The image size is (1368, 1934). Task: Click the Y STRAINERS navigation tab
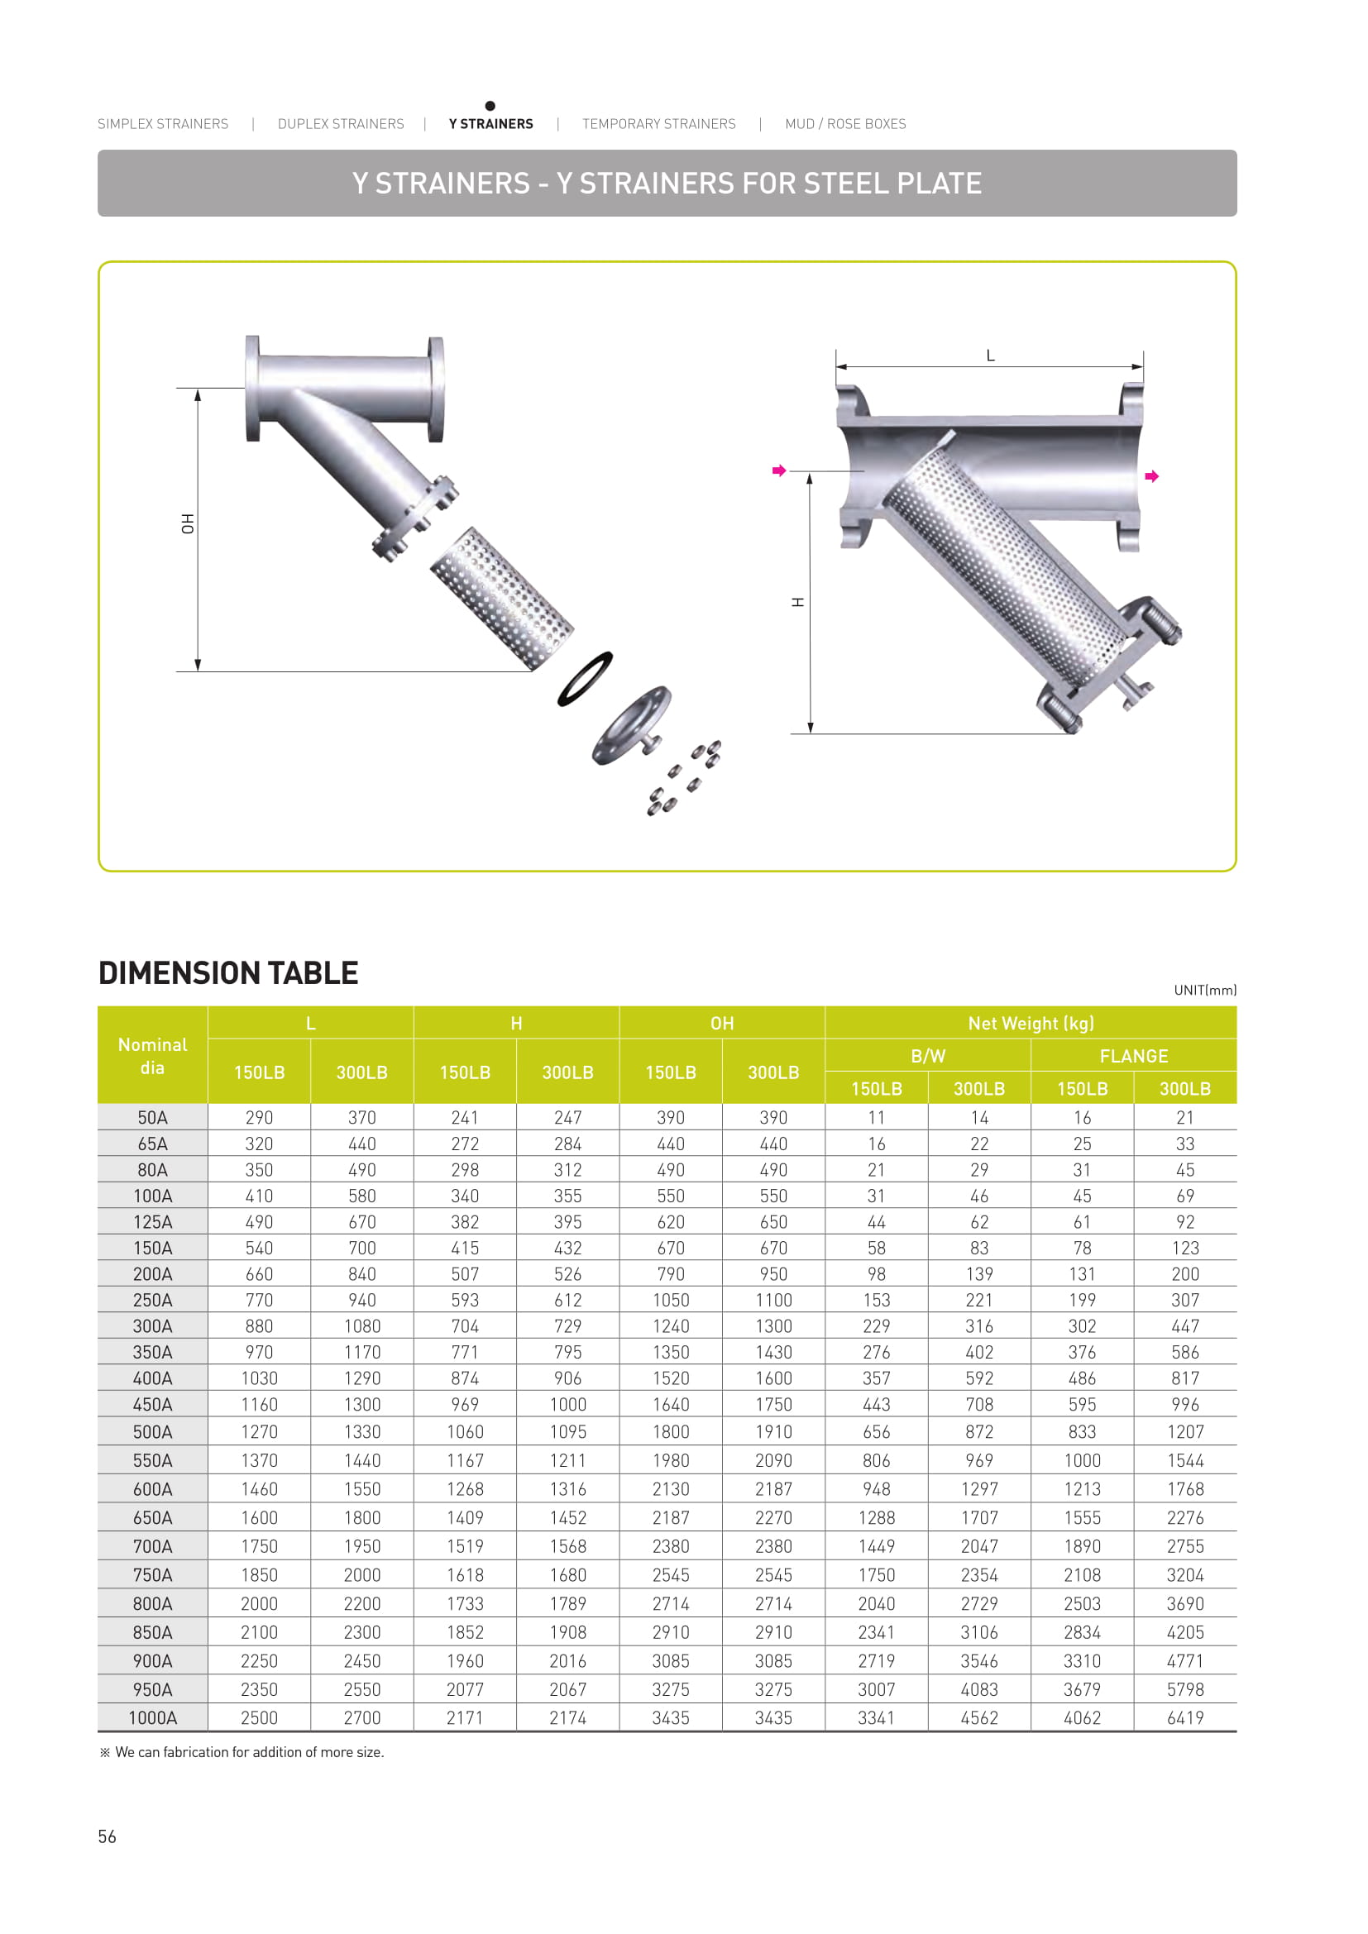click(490, 124)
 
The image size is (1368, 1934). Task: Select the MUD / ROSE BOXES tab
click(845, 124)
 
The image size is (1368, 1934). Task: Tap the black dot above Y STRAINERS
click(490, 105)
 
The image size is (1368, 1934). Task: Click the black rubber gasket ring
click(585, 678)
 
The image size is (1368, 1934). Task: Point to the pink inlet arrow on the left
click(779, 470)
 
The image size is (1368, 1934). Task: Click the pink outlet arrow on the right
click(1151, 477)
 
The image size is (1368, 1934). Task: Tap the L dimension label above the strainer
click(991, 356)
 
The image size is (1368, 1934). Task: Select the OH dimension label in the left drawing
click(188, 523)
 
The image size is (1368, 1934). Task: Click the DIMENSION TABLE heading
click(228, 973)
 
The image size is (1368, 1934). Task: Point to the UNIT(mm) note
click(1204, 990)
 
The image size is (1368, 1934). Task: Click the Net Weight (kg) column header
click(1031, 1023)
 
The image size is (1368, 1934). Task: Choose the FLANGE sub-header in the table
click(1133, 1055)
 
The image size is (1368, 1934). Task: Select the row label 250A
click(152, 1300)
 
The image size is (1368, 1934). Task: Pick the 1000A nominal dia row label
click(152, 1717)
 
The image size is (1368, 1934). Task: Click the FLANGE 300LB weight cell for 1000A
click(1184, 1717)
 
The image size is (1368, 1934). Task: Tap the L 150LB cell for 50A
click(259, 1117)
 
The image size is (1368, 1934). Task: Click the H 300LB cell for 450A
click(567, 1404)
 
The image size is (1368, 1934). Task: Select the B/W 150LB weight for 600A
click(876, 1489)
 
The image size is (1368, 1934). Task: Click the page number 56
click(107, 1836)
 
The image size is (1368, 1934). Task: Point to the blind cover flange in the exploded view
click(632, 725)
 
